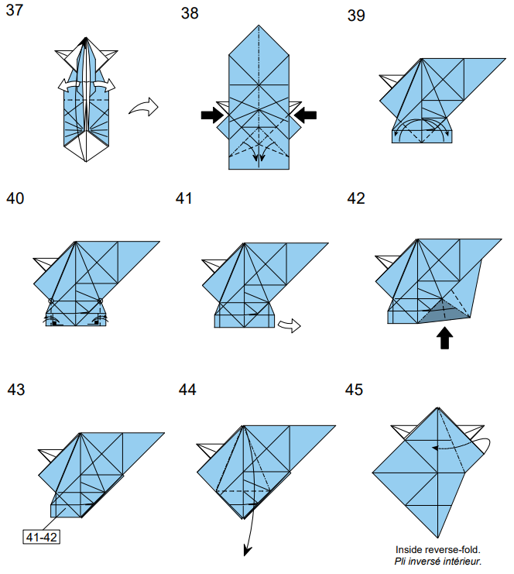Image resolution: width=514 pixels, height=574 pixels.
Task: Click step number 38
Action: pos(190,14)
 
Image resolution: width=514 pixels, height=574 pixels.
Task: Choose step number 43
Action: pos(16,389)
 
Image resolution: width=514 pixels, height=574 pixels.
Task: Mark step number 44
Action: pos(187,389)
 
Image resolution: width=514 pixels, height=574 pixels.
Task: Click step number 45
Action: pos(355,389)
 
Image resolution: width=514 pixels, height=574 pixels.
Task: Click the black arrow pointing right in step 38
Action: pos(211,115)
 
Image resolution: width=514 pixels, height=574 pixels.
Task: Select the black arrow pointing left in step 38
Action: pos(306,115)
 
